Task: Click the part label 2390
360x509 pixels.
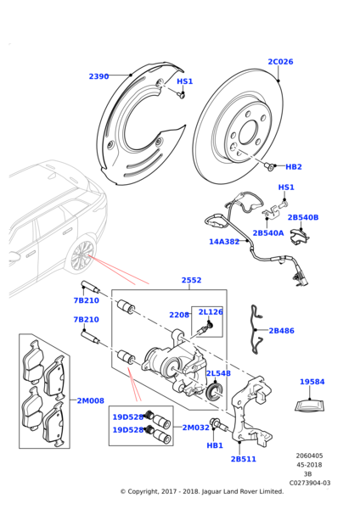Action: coord(98,76)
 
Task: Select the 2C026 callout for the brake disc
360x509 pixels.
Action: coord(280,62)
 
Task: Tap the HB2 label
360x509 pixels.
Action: coord(294,167)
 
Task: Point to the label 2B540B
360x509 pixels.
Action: coord(302,217)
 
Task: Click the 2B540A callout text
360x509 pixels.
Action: coord(268,232)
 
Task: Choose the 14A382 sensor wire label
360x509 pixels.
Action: coord(224,242)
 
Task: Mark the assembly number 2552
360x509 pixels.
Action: coord(191,280)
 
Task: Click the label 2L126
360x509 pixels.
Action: coord(210,312)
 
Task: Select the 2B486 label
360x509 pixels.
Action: coord(281,331)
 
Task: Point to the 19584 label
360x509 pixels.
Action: coord(312,382)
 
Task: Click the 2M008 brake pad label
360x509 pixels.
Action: coord(90,400)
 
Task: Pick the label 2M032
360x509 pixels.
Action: coord(195,428)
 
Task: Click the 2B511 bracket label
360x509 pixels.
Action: coord(243,459)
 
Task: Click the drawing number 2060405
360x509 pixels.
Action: coord(310,456)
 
